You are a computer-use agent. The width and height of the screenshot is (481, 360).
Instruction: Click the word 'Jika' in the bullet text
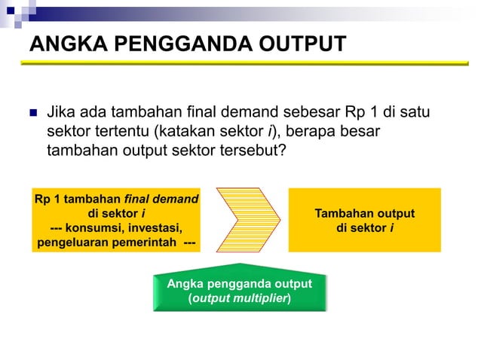61,114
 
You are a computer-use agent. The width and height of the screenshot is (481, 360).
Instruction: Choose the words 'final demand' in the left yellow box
161,200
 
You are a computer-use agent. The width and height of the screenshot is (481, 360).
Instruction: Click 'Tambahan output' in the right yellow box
365,214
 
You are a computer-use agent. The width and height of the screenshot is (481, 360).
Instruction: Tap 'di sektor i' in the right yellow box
365,227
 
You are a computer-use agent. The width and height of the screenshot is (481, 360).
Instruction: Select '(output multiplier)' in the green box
240,298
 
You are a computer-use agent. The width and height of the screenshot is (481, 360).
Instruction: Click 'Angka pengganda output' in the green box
239,284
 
